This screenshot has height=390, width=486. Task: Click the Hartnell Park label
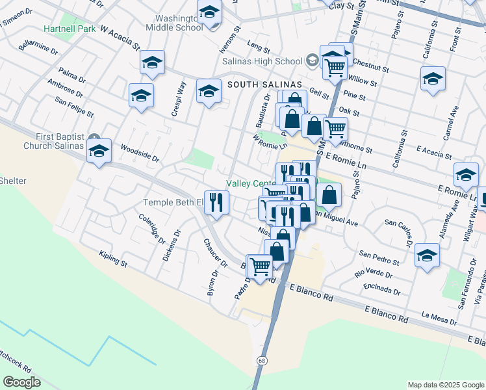pyautogui.click(x=70, y=29)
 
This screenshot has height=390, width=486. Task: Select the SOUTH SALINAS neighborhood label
pyautogui.click(x=264, y=84)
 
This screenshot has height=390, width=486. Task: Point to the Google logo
pyautogui.click(x=22, y=382)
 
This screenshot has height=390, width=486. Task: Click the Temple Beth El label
pyautogui.click(x=173, y=202)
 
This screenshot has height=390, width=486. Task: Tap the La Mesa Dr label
pyautogui.click(x=440, y=318)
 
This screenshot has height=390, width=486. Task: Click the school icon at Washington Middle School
pyautogui.click(x=209, y=13)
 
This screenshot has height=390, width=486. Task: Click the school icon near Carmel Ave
pyautogui.click(x=433, y=78)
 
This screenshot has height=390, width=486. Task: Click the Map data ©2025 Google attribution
pyautogui.click(x=446, y=384)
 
